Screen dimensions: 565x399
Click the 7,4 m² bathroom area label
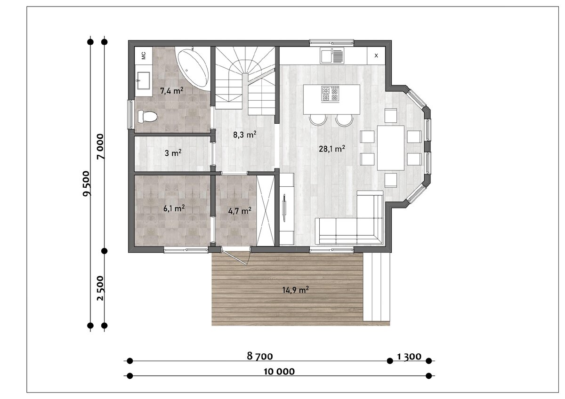tap(172, 90)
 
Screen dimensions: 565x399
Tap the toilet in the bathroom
tap(147, 117)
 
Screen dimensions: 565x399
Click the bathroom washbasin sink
tap(143, 80)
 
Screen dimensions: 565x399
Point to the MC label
tap(144, 56)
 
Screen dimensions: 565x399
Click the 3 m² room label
tap(173, 153)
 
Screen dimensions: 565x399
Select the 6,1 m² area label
tap(174, 208)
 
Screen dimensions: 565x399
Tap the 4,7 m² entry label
tap(240, 210)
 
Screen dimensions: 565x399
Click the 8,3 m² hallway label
tap(245, 135)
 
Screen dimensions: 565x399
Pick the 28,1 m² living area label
tap(332, 149)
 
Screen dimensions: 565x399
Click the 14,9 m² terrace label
tap(295, 290)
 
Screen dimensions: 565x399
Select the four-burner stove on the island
tap(330, 94)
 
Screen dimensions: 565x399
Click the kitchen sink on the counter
tap(331, 56)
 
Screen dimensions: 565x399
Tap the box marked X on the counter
tap(376, 56)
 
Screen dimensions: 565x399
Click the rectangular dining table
tap(391, 148)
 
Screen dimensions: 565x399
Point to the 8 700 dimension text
tap(260, 356)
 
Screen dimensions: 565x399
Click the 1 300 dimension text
tap(409, 356)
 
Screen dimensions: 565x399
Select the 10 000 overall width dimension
tap(279, 372)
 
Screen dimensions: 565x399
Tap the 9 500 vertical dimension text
tap(86, 183)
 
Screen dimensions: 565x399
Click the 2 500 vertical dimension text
tap(100, 288)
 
